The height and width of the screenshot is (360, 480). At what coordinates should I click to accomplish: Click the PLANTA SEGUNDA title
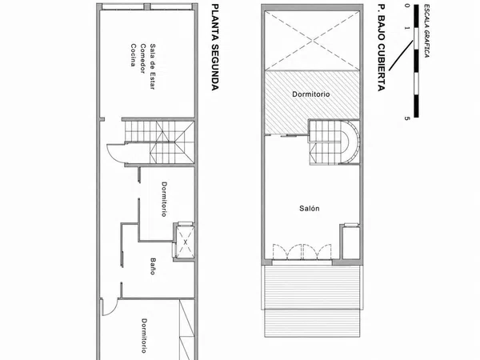click(x=215, y=47)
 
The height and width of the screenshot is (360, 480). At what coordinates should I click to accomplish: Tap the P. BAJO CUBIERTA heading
click(x=381, y=47)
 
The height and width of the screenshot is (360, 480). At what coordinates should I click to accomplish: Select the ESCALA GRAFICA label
click(x=426, y=30)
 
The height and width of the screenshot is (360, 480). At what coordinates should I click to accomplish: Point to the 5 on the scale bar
click(x=406, y=118)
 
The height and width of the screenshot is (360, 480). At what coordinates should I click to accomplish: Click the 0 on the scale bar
click(x=406, y=6)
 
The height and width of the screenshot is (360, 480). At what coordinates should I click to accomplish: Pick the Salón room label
click(x=309, y=209)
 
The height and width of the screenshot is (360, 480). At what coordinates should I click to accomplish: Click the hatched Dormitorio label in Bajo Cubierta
click(x=311, y=94)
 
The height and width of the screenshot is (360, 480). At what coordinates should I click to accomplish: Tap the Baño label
click(x=153, y=266)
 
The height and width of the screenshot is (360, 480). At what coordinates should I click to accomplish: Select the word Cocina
click(x=133, y=55)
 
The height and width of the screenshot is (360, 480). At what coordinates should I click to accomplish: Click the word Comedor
click(x=142, y=58)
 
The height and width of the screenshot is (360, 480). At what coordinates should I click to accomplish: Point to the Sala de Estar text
click(x=153, y=66)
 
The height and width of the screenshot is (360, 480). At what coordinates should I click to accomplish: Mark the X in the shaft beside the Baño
click(x=186, y=242)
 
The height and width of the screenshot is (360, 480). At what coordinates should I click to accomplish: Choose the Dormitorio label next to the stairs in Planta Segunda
click(x=164, y=199)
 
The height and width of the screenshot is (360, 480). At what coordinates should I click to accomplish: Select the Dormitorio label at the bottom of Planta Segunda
click(x=144, y=336)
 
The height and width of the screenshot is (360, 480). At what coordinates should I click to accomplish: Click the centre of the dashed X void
click(x=312, y=40)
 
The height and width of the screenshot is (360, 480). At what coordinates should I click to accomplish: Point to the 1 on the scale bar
click(x=406, y=28)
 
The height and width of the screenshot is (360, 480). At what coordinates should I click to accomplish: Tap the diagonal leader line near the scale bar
click(x=402, y=56)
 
